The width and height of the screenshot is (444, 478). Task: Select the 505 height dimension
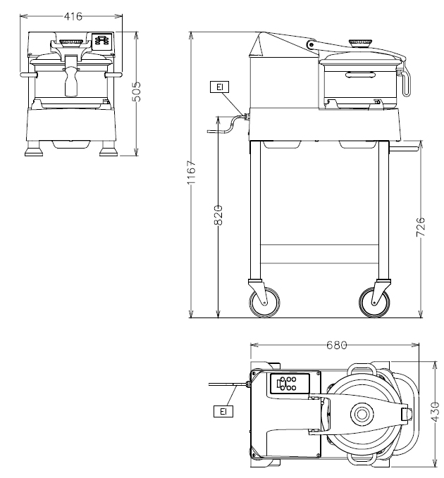(137, 92)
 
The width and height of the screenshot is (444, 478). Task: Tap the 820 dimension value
(218, 215)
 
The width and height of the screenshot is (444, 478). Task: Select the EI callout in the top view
(221, 410)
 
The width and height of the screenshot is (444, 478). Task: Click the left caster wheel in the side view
(264, 303)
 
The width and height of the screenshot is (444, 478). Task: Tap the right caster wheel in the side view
(373, 303)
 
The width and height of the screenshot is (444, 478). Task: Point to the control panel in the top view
(288, 384)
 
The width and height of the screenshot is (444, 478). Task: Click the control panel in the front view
(103, 41)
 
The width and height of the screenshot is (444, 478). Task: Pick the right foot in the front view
(107, 151)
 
